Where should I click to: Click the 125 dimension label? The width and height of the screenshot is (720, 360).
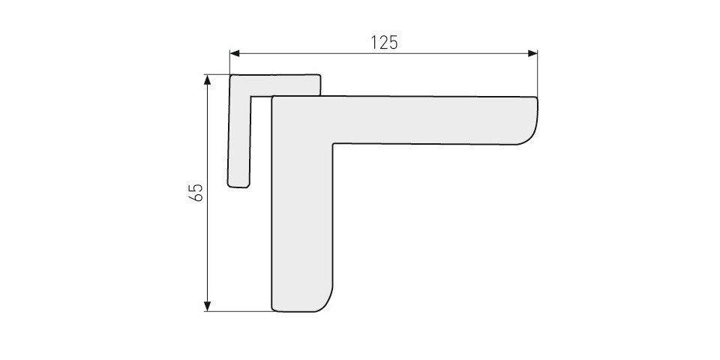[x=384, y=42]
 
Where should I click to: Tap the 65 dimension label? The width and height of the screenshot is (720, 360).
[x=196, y=193]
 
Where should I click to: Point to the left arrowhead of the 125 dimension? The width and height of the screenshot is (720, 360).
[x=235, y=54]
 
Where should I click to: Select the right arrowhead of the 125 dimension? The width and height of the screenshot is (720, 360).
[x=532, y=54]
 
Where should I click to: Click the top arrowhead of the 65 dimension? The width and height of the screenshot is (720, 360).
[x=208, y=80]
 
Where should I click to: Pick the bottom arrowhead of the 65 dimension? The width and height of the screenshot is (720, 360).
[x=208, y=306]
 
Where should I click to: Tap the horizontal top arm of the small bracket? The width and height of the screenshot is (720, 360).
[x=274, y=85]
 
